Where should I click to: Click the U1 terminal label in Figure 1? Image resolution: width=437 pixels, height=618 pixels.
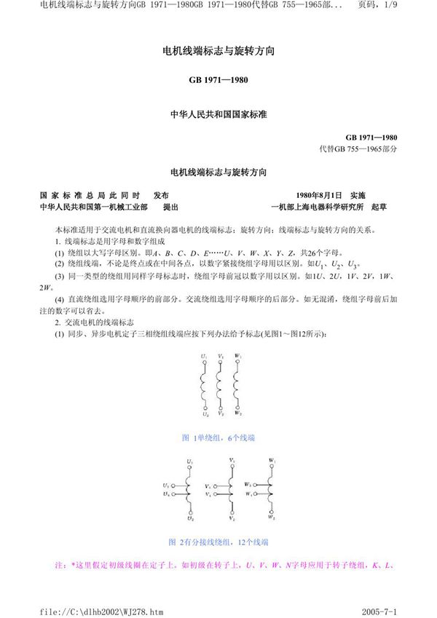204,356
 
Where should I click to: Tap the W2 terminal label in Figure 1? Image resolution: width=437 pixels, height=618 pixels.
238,413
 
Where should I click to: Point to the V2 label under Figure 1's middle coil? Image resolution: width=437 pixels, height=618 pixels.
221,413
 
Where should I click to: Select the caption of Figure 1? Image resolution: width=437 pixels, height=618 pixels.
219,437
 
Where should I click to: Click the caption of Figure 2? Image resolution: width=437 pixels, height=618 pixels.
219,542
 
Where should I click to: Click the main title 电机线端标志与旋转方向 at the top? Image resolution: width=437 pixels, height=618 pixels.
219,53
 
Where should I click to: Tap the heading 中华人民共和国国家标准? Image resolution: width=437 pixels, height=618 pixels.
219,114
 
